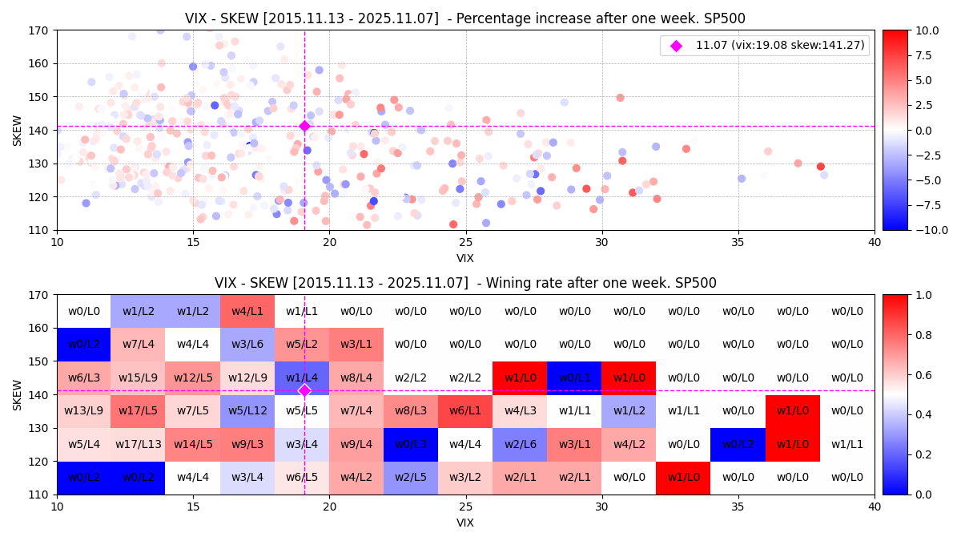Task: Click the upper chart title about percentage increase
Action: click(464, 18)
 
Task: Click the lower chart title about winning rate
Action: click(464, 283)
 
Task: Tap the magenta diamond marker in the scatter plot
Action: click(304, 126)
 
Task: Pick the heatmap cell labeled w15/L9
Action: click(138, 377)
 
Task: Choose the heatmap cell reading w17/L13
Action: click(138, 444)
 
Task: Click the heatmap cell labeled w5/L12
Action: click(247, 411)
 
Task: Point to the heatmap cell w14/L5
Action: click(193, 444)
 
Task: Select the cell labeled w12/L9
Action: click(247, 377)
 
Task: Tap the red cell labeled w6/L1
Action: click(465, 411)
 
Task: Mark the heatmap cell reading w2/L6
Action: click(520, 444)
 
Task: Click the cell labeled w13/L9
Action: click(83, 411)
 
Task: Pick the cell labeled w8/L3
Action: click(411, 411)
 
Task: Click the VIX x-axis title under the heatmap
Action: click(464, 523)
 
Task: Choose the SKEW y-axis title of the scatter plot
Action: click(18, 130)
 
